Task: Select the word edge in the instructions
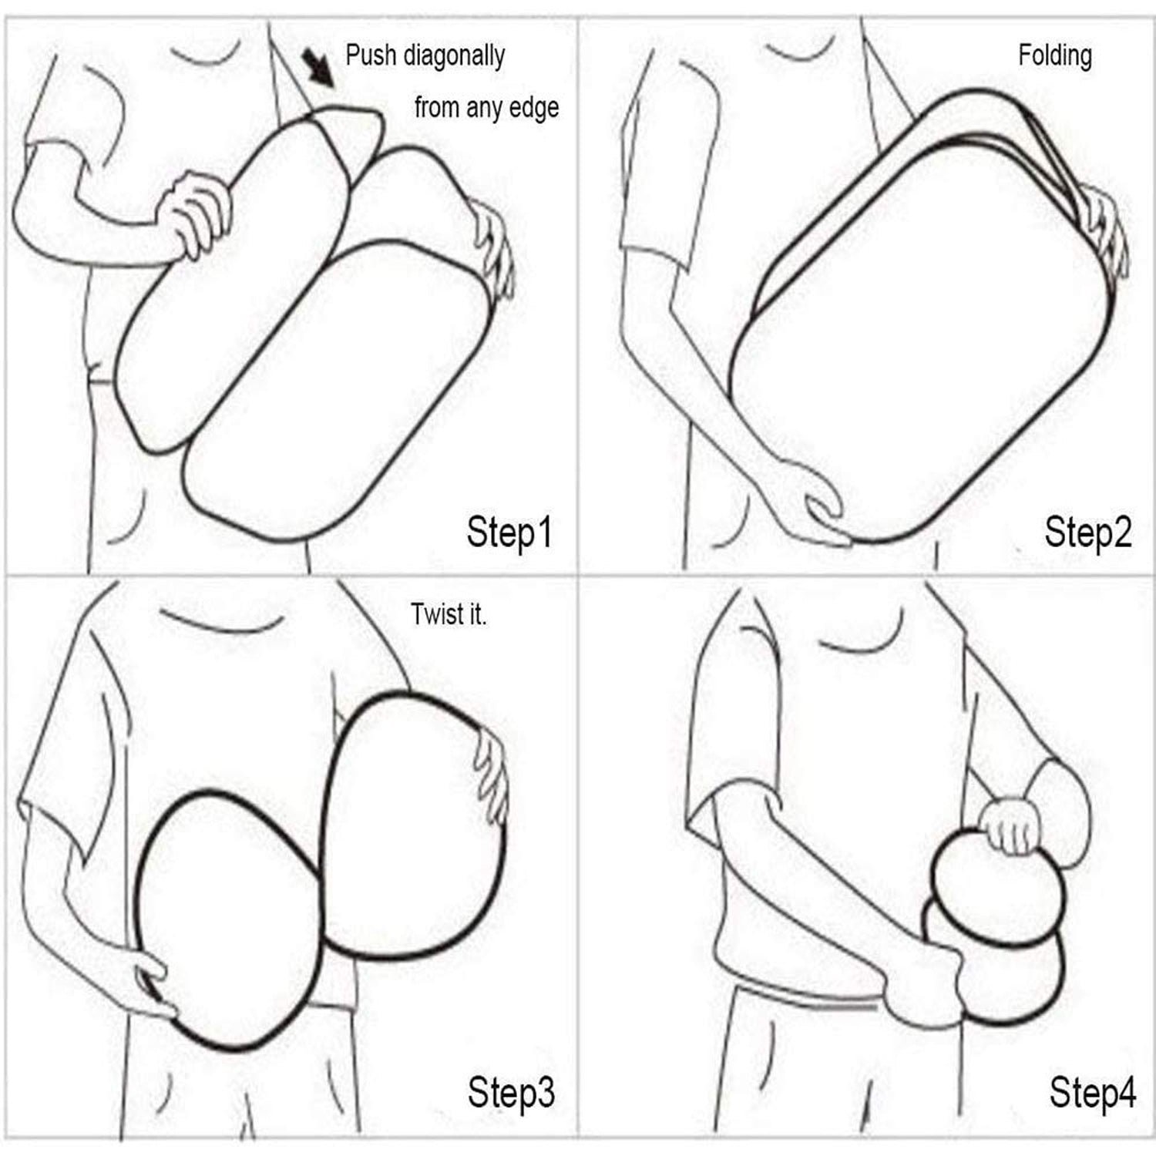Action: coord(534,107)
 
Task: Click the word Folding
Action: coord(1055,56)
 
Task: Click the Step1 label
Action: coord(509,533)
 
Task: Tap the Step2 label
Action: coord(1087,533)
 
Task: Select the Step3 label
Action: coord(511,1092)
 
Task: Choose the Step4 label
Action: coord(1092,1092)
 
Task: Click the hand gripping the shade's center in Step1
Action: coord(193,213)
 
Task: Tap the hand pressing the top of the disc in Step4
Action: coord(1013,827)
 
